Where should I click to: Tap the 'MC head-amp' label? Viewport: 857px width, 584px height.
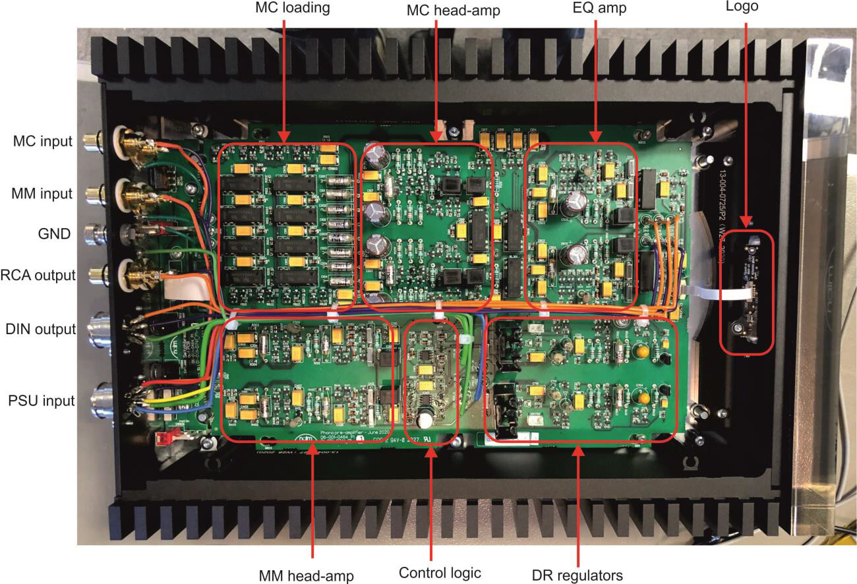435,9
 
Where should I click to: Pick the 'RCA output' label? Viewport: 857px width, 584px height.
38,275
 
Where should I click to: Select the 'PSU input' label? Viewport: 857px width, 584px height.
40,399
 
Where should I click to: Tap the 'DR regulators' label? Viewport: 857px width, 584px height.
577,575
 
